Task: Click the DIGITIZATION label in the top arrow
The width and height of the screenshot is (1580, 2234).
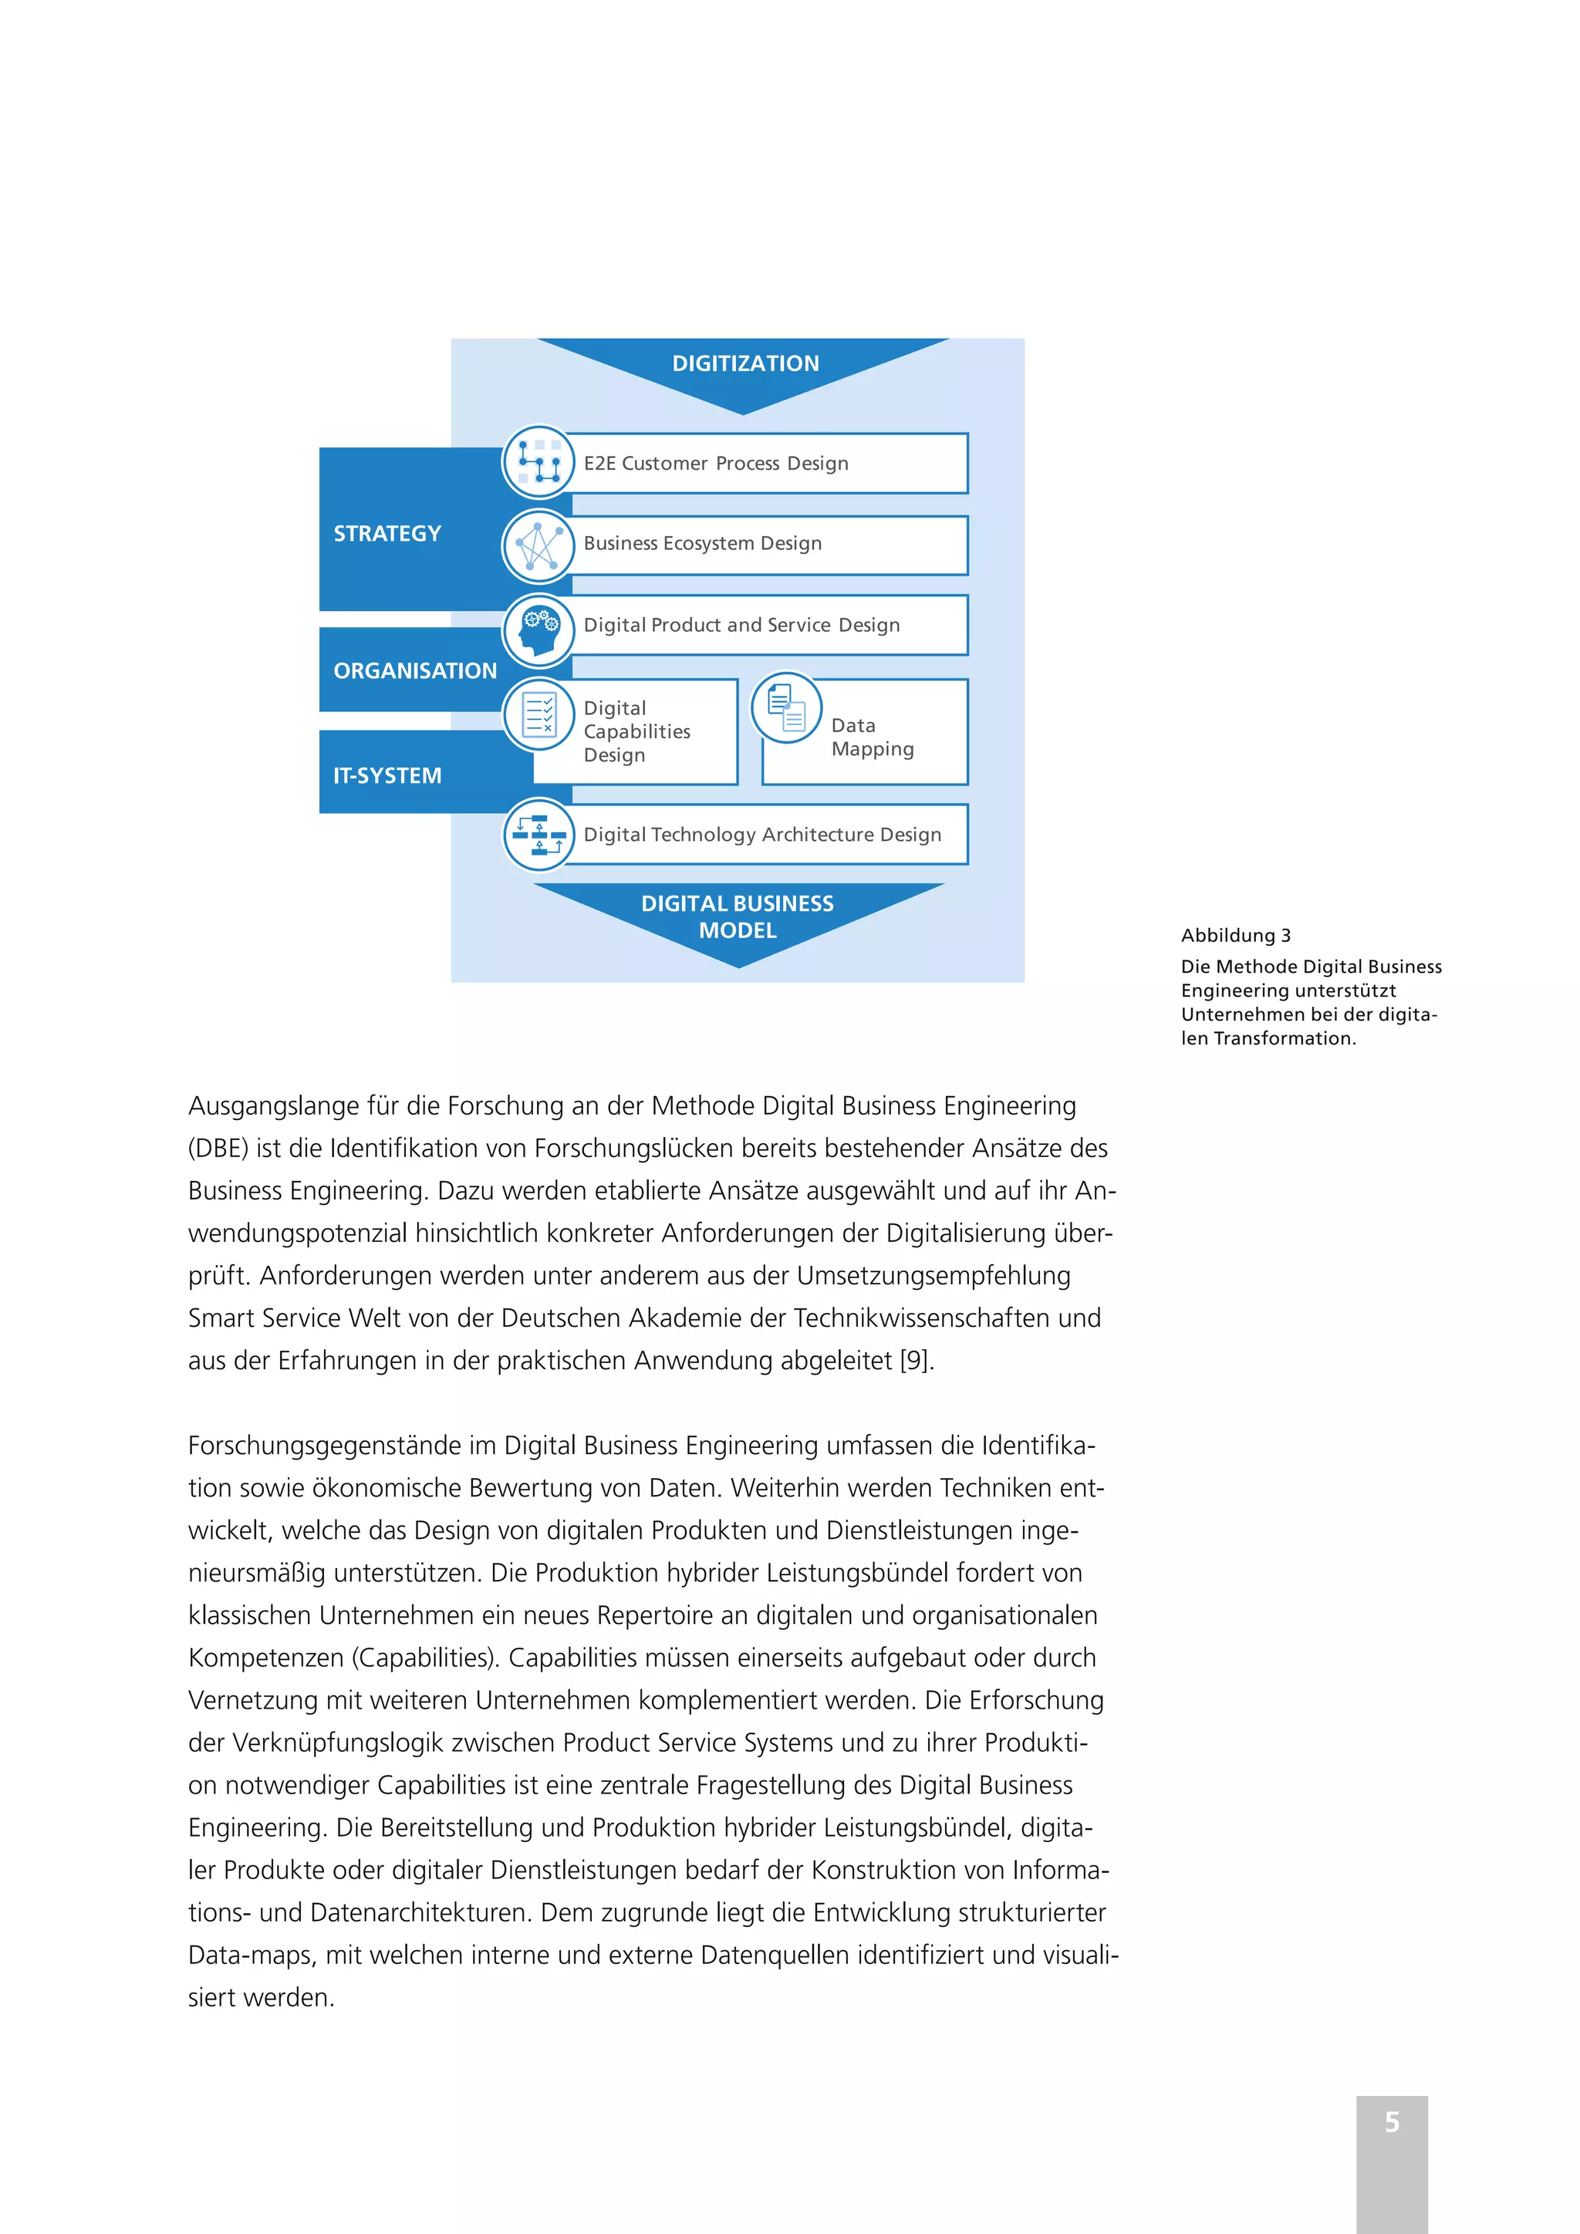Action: pos(745,364)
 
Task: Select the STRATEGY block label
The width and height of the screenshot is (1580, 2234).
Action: pos(387,533)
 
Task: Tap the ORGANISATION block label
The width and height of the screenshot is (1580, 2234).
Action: pos(414,670)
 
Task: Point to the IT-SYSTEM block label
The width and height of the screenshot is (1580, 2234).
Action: pos(387,775)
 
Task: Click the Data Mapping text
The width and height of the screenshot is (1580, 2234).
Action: pos(872,737)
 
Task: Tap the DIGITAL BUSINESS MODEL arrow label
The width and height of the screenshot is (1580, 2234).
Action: pos(738,916)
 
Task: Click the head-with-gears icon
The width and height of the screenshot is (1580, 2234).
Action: pos(538,630)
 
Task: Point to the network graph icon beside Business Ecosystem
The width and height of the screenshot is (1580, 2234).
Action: pos(538,546)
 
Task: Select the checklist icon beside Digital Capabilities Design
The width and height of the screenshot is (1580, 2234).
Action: pos(538,715)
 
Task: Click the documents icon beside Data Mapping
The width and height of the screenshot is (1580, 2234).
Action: pos(786,708)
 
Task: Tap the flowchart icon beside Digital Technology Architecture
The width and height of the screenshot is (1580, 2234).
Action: pos(538,835)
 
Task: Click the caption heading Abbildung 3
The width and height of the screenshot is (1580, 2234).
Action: pos(1236,936)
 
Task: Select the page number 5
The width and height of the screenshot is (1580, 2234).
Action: pos(1393,2122)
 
